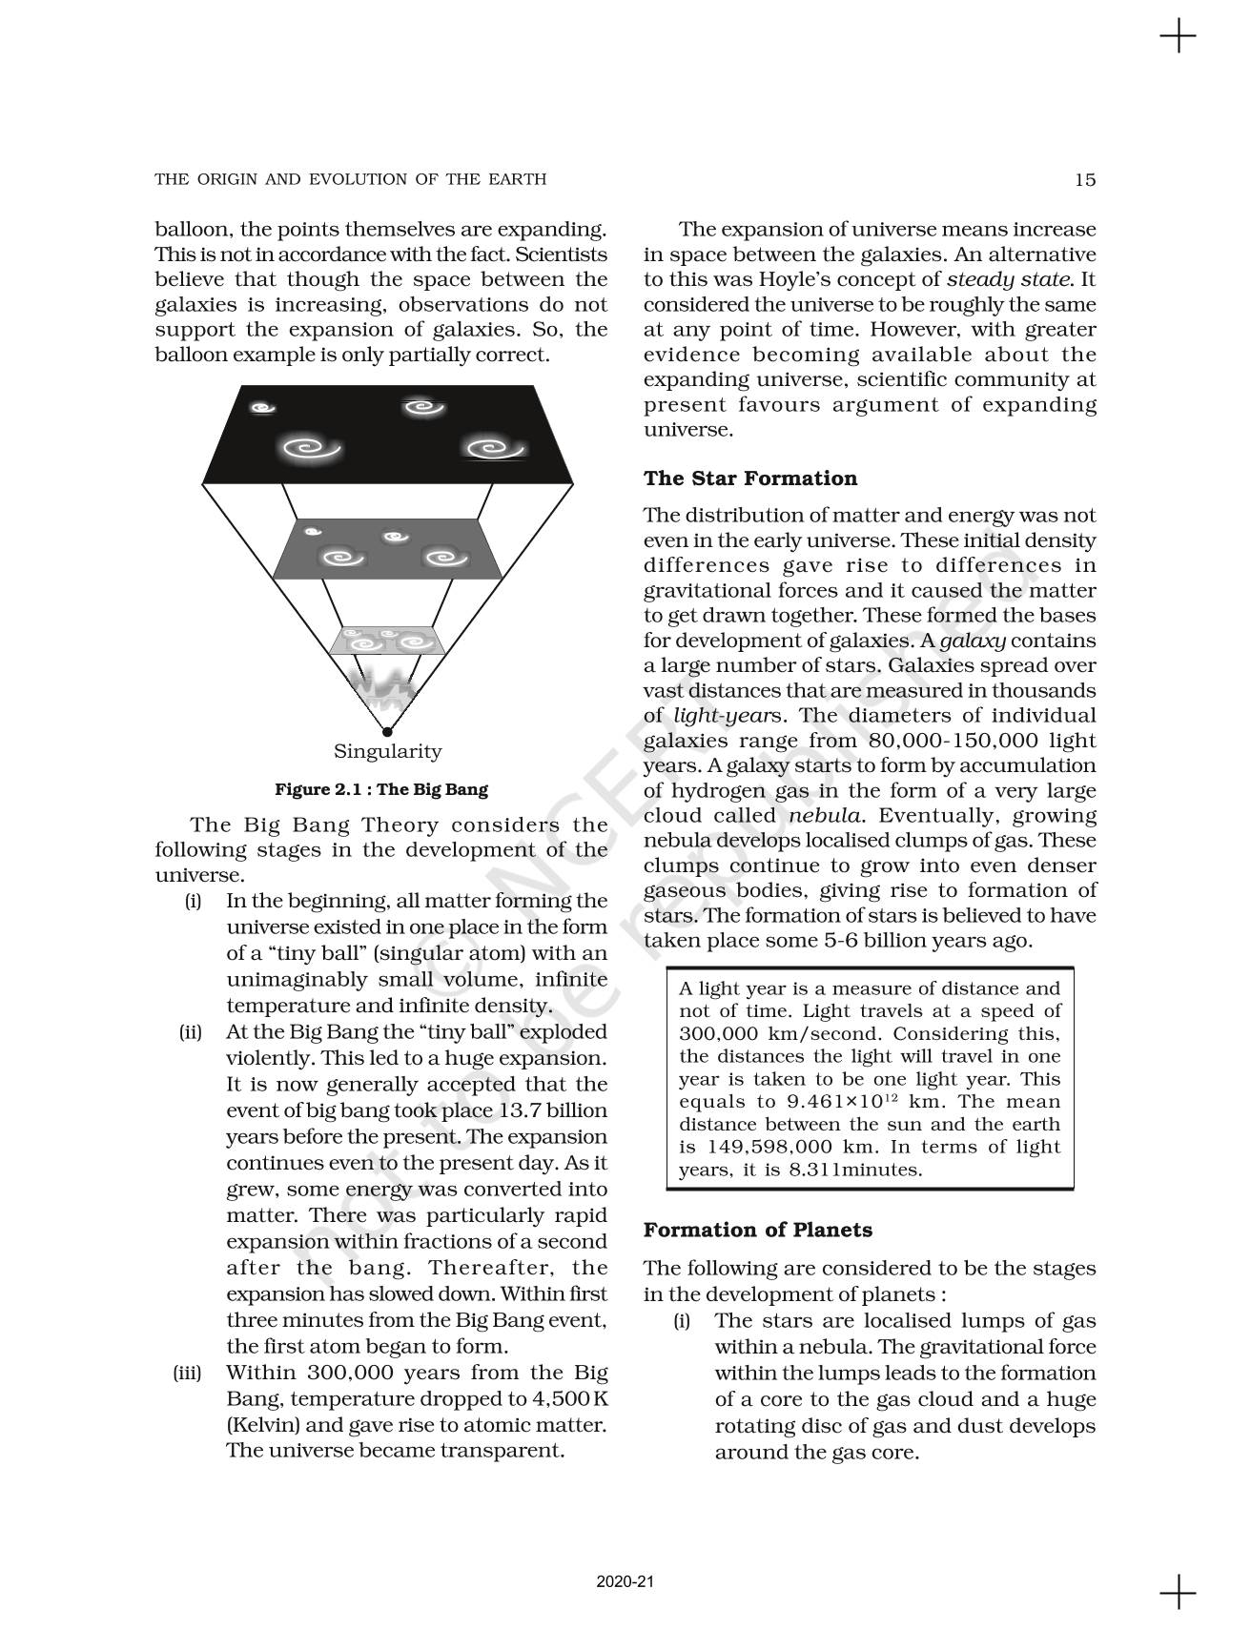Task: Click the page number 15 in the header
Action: (1084, 179)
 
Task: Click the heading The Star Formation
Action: (749, 479)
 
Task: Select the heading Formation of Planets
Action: (757, 1230)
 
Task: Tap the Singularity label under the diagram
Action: (387, 751)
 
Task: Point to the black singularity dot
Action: (386, 732)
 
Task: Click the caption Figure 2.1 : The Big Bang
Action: (380, 789)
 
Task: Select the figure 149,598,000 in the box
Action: (779, 1148)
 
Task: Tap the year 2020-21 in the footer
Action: (625, 1581)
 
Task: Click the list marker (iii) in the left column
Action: (190, 1374)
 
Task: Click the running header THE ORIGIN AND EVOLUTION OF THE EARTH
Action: (351, 179)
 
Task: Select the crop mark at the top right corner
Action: (1178, 37)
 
